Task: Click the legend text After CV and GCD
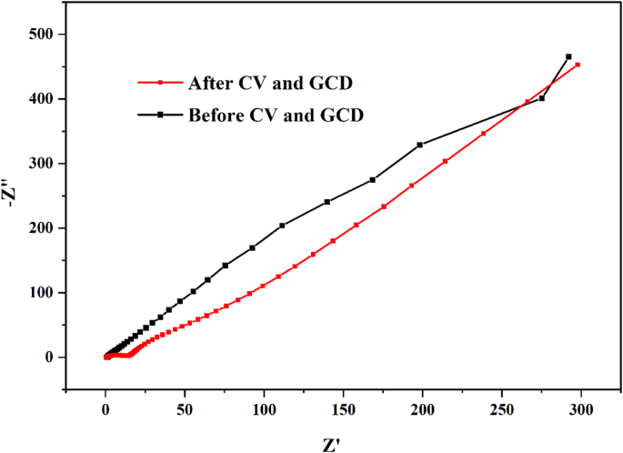(x=270, y=84)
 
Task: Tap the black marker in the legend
(x=160, y=116)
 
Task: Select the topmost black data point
(x=568, y=56)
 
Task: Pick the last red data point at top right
(x=578, y=65)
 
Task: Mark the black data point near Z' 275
(x=542, y=98)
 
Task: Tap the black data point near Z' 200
(x=420, y=145)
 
